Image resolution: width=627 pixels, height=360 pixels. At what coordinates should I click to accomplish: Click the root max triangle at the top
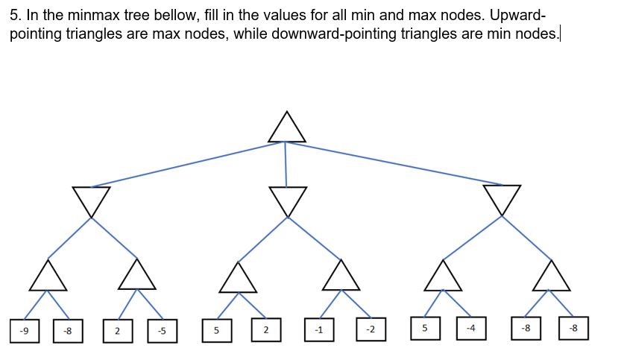[x=286, y=130]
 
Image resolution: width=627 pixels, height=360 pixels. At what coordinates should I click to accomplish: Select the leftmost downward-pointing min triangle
[x=91, y=199]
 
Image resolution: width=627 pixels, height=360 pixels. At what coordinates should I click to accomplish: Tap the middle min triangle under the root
[x=288, y=199]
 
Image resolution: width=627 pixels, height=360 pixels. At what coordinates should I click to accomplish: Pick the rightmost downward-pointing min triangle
[x=502, y=198]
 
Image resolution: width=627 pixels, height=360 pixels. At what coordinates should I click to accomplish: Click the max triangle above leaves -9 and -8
[x=49, y=277]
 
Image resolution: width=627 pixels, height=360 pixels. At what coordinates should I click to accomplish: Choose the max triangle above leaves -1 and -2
[x=341, y=277]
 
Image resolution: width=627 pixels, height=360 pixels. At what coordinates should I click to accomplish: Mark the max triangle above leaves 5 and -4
[x=444, y=277]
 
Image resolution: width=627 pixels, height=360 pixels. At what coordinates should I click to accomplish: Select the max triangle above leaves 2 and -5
[x=137, y=277]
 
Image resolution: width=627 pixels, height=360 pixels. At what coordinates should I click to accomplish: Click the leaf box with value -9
[x=25, y=330]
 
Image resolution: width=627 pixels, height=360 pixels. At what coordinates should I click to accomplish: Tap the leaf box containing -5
[x=162, y=330]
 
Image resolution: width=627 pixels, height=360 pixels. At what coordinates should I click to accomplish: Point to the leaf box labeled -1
[x=319, y=329]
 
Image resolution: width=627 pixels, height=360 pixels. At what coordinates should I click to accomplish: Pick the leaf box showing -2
[x=371, y=329]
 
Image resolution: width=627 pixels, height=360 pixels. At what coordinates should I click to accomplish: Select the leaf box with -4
[x=470, y=328]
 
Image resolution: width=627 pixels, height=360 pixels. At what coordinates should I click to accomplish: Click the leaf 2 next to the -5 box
[x=118, y=330]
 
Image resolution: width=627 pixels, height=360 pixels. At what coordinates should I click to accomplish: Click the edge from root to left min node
[x=186, y=164]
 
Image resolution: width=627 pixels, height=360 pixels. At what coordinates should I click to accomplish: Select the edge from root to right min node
[x=395, y=163]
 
